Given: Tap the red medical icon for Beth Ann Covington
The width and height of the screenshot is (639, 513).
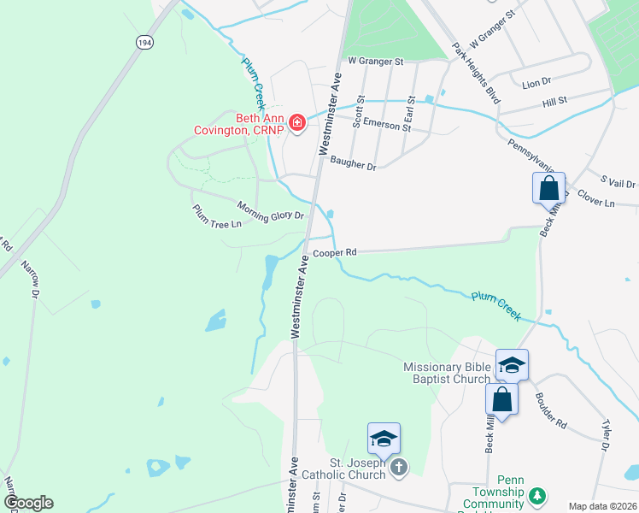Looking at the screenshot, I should pyautogui.click(x=297, y=124).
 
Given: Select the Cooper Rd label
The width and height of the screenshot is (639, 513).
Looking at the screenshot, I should pyautogui.click(x=333, y=253).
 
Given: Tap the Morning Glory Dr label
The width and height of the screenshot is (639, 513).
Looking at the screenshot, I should pyautogui.click(x=271, y=209).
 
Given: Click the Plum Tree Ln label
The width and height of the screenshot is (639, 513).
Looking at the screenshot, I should pyautogui.click(x=217, y=215).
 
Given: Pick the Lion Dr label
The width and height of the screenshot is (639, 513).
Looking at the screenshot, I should pyautogui.click(x=536, y=82).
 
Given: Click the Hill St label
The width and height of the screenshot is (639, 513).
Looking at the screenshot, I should pyautogui.click(x=554, y=102).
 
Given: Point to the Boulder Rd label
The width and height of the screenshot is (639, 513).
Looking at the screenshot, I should pyautogui.click(x=550, y=410).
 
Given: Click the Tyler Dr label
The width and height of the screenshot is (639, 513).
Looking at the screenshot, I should pyautogui.click(x=606, y=434).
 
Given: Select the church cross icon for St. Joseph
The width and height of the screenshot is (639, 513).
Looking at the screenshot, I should pyautogui.click(x=398, y=468).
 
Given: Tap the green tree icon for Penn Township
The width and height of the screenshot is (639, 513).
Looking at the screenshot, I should pyautogui.click(x=537, y=496).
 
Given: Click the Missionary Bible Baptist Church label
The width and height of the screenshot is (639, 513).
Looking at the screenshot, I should pyautogui.click(x=448, y=373).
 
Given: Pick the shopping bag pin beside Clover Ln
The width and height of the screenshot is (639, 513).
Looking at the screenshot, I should pyautogui.click(x=548, y=188).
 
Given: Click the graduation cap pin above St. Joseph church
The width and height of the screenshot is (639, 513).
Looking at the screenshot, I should pyautogui.click(x=384, y=439).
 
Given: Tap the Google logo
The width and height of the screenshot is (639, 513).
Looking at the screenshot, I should pyautogui.click(x=28, y=503).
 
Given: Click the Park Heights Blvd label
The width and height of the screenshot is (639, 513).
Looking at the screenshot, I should pyautogui.click(x=475, y=60).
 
